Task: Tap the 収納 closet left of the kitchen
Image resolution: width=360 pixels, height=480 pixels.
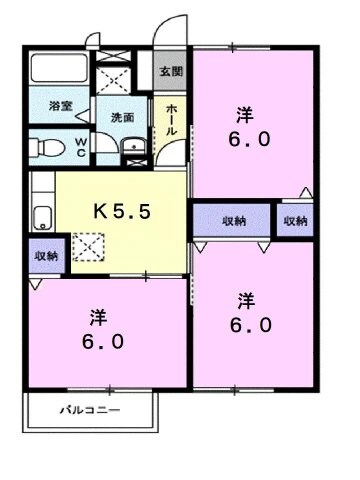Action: point(44,256)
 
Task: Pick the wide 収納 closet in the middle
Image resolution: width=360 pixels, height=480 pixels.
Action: point(232,219)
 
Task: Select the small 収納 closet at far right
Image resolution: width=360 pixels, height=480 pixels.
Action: point(295,219)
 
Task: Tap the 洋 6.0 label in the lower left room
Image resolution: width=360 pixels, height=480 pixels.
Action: point(98,330)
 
